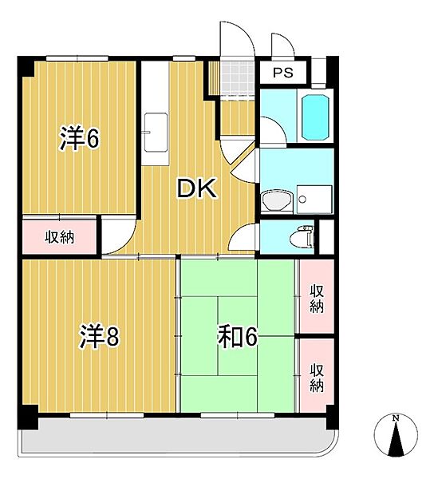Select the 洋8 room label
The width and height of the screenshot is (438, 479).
[98, 338]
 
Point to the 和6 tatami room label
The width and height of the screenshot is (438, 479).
[237, 338]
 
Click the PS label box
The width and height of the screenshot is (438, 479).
[283, 73]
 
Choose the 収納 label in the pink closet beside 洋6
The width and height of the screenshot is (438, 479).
[60, 236]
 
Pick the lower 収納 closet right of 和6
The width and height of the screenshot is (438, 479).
[317, 375]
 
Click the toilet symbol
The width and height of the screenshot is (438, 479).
[302, 236]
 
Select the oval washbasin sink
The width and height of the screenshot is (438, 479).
[276, 200]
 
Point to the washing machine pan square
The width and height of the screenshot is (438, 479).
[313, 199]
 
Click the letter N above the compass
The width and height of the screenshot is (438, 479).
[395, 418]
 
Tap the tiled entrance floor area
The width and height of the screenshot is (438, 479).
[237, 77]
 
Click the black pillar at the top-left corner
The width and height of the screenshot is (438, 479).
[26, 65]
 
